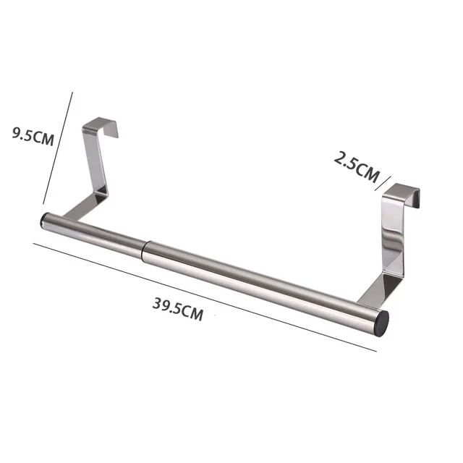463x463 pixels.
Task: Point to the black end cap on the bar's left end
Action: click(43, 220)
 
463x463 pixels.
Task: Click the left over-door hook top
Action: click(102, 124)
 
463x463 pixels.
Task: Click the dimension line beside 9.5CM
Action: click(59, 148)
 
